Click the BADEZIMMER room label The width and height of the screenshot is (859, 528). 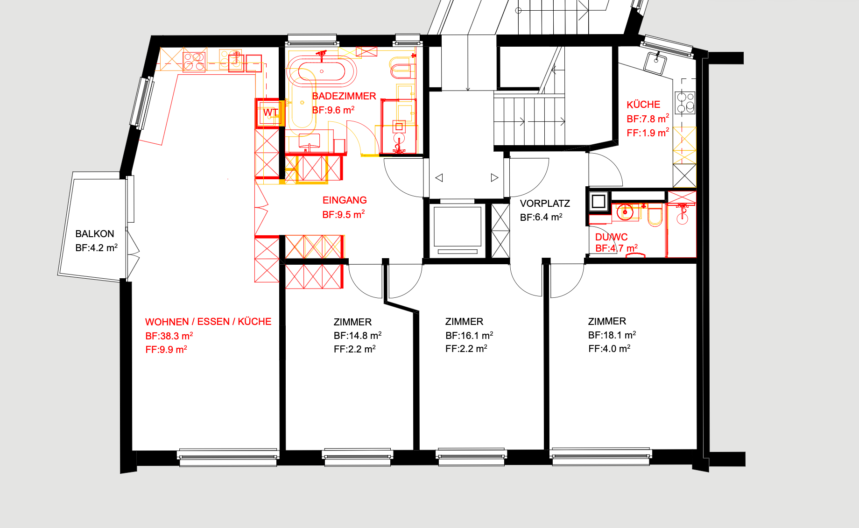point(344,96)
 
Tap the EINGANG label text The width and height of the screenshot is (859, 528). point(345,200)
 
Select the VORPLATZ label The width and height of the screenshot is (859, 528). point(545,204)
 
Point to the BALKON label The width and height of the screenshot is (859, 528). point(95,234)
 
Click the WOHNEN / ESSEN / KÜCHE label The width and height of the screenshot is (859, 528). point(208,322)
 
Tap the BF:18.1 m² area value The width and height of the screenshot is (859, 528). point(612,335)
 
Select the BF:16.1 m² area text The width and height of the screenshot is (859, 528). point(469,336)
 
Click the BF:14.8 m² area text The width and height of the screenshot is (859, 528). point(358,336)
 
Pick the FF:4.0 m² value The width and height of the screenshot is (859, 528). point(609,349)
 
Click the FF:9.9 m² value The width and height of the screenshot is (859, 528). point(166,350)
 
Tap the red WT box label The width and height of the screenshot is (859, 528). point(270,113)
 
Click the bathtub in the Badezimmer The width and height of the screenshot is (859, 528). point(321,71)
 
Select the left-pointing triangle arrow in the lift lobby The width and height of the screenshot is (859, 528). point(439,178)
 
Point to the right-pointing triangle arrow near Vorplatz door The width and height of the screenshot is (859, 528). point(494,178)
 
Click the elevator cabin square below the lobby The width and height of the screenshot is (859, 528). point(458,226)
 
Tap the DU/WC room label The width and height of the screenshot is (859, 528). point(611,237)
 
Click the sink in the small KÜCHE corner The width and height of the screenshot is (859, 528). point(655,63)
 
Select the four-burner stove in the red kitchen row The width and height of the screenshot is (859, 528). point(194,62)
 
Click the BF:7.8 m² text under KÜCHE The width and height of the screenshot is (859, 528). point(648,119)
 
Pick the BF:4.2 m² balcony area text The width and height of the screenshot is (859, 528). point(97,248)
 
